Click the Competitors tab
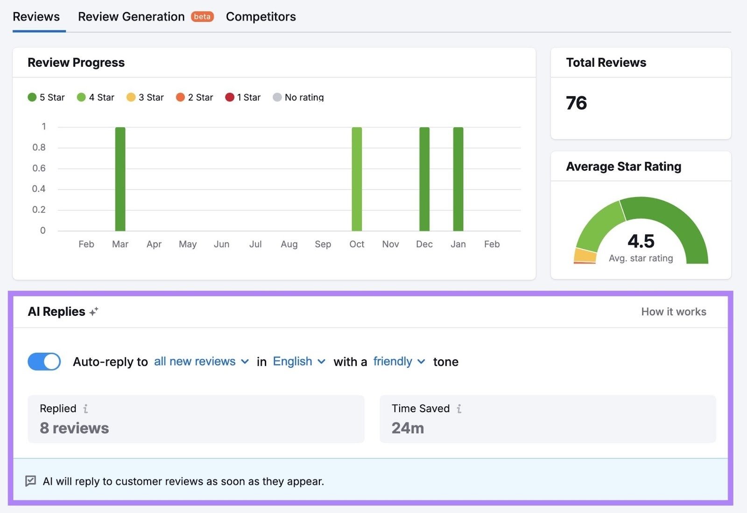click(x=261, y=17)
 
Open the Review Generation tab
click(x=131, y=17)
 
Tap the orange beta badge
click(x=202, y=17)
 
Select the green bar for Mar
click(x=120, y=179)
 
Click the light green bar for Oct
click(x=357, y=179)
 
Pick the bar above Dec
click(x=424, y=179)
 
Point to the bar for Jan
click(x=458, y=179)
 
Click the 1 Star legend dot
click(x=230, y=97)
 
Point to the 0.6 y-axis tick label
click(x=39, y=168)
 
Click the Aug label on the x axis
click(x=289, y=244)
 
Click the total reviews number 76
click(x=576, y=103)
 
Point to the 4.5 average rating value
click(x=641, y=242)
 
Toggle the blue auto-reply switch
click(x=44, y=362)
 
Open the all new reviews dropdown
click(x=201, y=362)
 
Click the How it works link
click(x=673, y=312)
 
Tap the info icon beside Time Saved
click(x=459, y=409)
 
